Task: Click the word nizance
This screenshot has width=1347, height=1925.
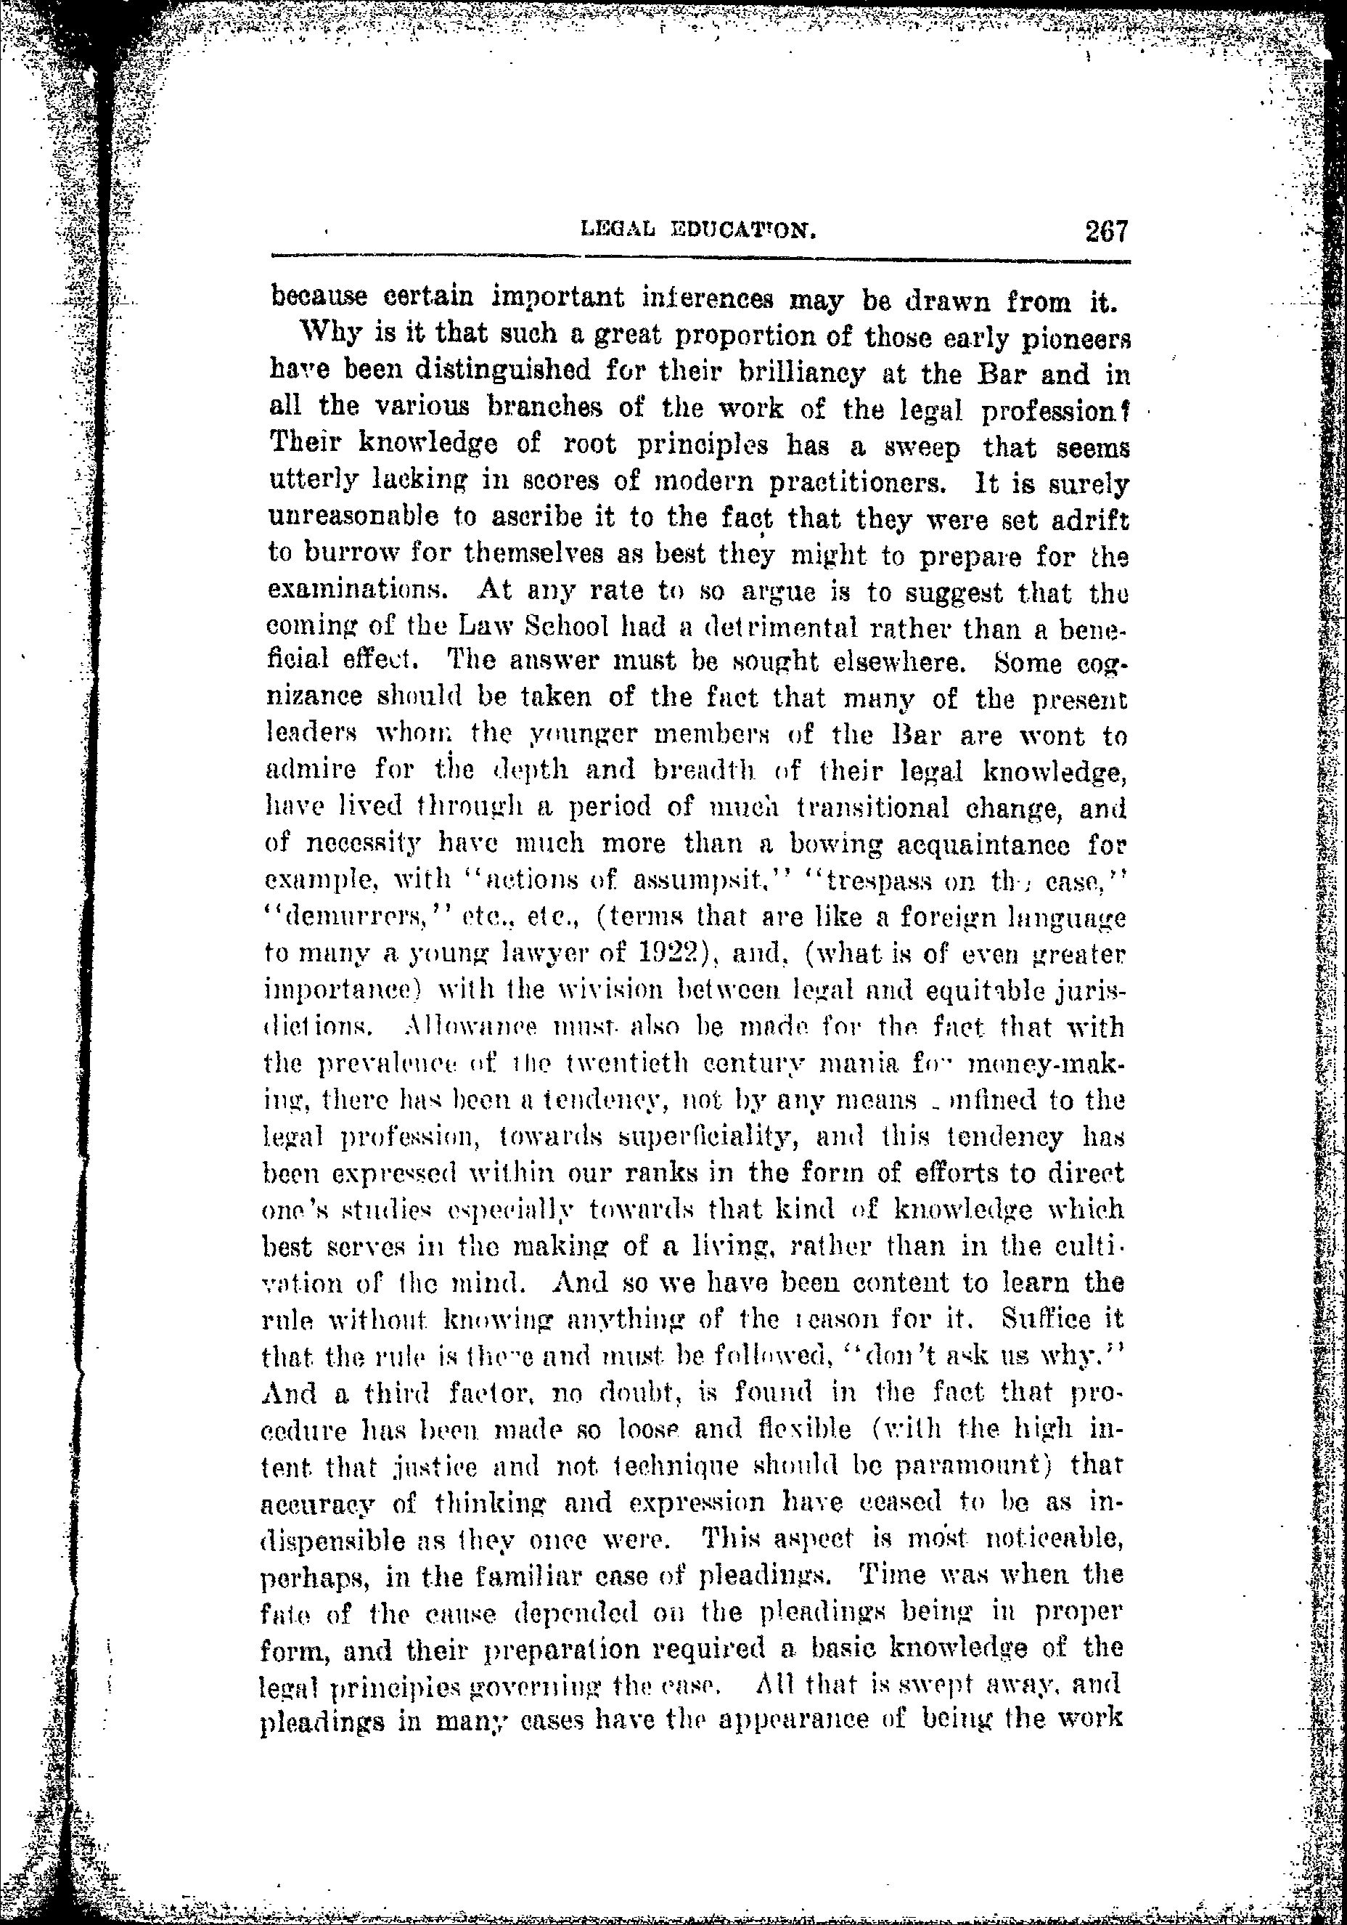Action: pyautogui.click(x=315, y=699)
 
